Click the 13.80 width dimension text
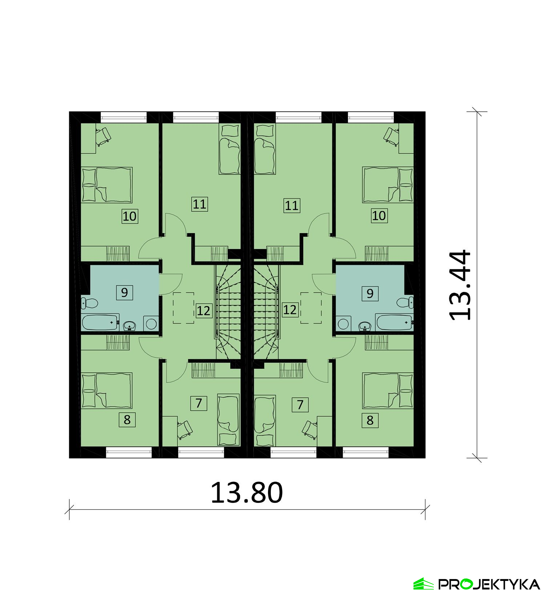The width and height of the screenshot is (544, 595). (x=247, y=493)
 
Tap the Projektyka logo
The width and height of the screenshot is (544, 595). (x=477, y=584)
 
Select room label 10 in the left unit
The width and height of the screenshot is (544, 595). (x=129, y=216)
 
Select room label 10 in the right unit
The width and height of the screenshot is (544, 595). (x=379, y=216)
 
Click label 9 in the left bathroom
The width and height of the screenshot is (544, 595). (x=124, y=292)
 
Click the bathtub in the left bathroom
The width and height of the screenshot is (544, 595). (x=100, y=322)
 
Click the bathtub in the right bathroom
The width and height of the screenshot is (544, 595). (x=394, y=322)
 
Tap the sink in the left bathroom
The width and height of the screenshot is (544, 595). (x=129, y=326)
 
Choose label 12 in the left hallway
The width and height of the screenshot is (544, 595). (x=203, y=311)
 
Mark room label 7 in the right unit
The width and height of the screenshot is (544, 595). (x=300, y=405)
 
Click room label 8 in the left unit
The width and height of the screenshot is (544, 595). (x=127, y=420)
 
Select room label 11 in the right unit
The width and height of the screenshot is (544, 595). (x=292, y=206)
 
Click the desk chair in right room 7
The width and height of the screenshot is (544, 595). (x=309, y=429)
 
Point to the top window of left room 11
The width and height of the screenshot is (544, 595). (x=196, y=116)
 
